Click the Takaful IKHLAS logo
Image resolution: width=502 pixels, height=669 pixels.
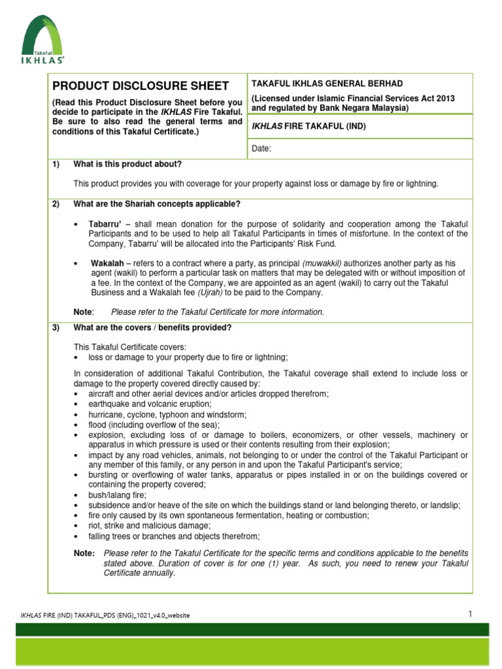coord(43,41)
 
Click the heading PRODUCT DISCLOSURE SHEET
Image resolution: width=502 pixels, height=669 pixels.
coord(141,86)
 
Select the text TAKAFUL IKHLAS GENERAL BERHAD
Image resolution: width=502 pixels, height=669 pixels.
coord(327,84)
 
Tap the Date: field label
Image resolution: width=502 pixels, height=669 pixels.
coord(261,149)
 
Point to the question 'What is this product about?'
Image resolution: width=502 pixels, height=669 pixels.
coord(127,164)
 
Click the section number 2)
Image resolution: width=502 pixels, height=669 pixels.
coord(56,204)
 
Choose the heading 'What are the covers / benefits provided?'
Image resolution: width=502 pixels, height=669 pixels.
coord(152,327)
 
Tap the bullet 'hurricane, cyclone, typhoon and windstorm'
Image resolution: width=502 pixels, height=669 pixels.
coord(167,414)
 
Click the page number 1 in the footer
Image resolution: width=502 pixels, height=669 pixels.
coord(469,613)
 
